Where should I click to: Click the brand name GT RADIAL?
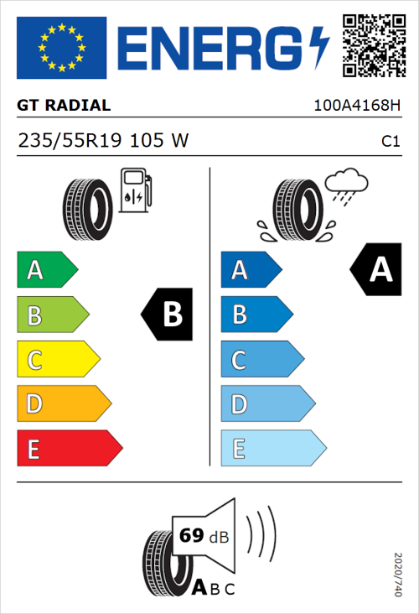pyautogui.click(x=64, y=106)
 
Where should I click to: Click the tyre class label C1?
pyautogui.click(x=390, y=142)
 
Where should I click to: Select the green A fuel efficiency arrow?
pyautogui.click(x=47, y=270)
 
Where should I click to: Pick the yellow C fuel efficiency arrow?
pyautogui.click(x=57, y=360)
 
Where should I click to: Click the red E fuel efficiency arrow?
pyautogui.click(x=69, y=449)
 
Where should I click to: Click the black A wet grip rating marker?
pyautogui.click(x=375, y=270)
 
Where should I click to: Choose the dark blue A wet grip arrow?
pyautogui.click(x=250, y=270)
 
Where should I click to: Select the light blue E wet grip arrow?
pyautogui.click(x=272, y=449)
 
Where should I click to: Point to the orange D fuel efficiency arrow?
pyautogui.click(x=63, y=404)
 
